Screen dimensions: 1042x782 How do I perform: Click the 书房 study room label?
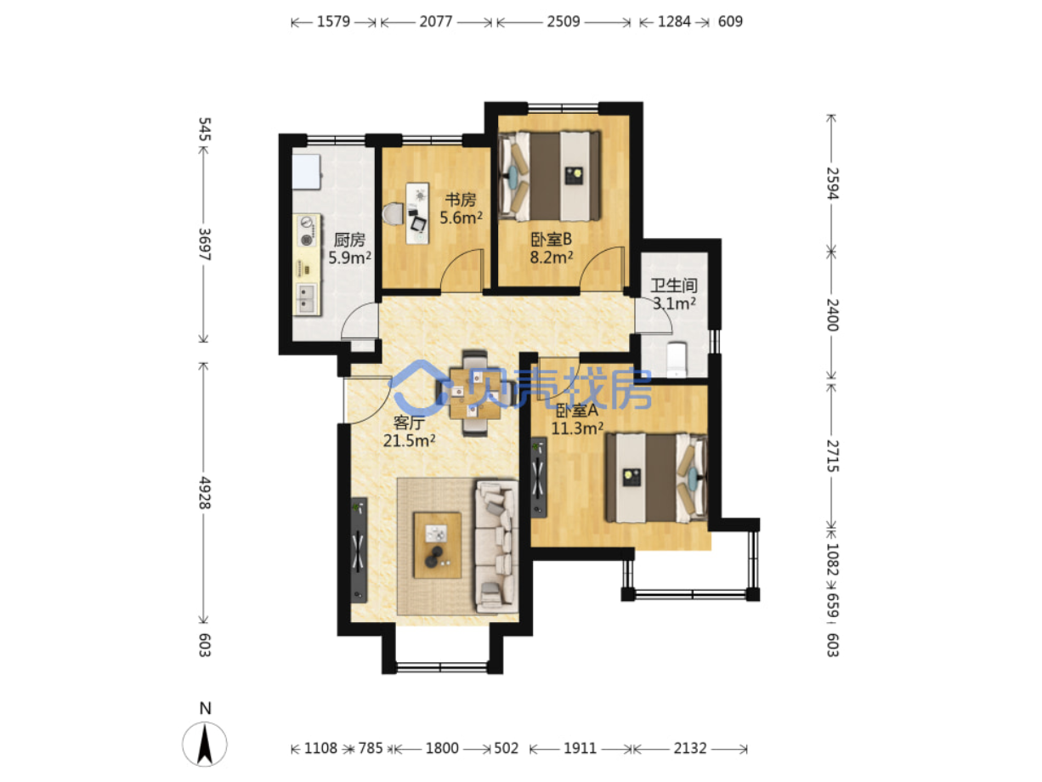(x=460, y=200)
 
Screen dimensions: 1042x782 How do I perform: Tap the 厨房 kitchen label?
(x=349, y=240)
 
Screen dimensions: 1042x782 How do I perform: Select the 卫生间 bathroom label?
(x=673, y=286)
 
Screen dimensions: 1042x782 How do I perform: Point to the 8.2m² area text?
(x=551, y=258)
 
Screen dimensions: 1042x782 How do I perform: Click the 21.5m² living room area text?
(x=408, y=440)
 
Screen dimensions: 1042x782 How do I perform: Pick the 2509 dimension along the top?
(x=563, y=21)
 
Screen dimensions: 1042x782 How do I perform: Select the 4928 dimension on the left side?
(x=204, y=492)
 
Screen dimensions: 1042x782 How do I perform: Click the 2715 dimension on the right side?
(x=832, y=456)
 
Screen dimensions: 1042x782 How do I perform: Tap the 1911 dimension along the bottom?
(x=579, y=748)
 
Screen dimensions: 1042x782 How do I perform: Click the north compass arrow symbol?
(x=205, y=744)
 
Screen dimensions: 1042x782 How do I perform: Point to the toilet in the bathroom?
(x=676, y=360)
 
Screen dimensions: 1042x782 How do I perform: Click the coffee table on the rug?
(x=437, y=545)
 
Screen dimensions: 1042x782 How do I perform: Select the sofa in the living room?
(x=496, y=546)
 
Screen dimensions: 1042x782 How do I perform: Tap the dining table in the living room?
(x=474, y=394)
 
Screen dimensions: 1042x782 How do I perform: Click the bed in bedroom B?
(x=549, y=176)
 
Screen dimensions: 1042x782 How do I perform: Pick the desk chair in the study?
(x=393, y=213)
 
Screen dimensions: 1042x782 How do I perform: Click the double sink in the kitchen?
(x=306, y=298)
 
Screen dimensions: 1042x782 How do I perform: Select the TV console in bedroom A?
(x=538, y=477)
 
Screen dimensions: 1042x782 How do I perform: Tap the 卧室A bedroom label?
(x=576, y=411)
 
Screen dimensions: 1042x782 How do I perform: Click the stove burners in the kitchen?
(x=307, y=230)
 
